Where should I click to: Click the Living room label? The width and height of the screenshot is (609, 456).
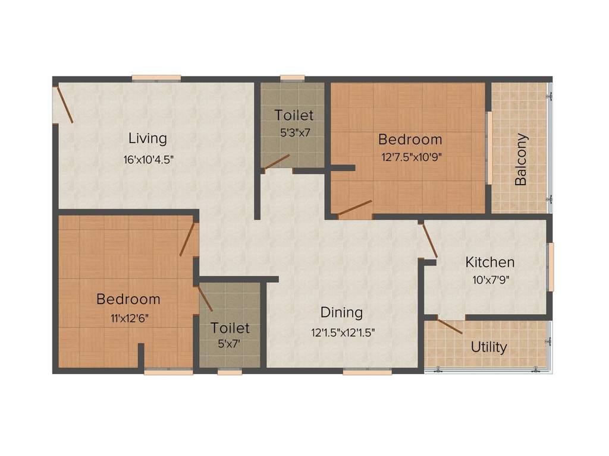pos(147,138)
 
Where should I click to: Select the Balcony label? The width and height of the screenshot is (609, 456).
pos(521,160)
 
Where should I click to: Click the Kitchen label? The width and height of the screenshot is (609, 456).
pos(489,262)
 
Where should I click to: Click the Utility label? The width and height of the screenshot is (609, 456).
pos(489,347)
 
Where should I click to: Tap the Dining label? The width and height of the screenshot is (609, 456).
pos(341,312)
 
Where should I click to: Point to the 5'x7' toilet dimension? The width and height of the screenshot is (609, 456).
pos(230,343)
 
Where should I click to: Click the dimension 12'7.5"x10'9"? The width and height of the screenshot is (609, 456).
pos(410,158)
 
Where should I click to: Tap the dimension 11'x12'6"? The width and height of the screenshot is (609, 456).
pos(128,318)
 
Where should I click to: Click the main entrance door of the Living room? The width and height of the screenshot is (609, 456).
pos(64,105)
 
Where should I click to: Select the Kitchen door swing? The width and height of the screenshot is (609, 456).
pos(429,241)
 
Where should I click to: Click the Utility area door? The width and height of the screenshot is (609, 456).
pos(451,327)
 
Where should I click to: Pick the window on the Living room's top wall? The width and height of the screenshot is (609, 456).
pos(156,77)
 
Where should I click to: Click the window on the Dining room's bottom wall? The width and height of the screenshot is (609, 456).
pos(367,372)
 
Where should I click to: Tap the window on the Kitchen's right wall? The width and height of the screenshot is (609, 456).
pos(551,267)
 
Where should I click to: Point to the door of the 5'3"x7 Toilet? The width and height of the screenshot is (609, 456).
pos(277,162)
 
